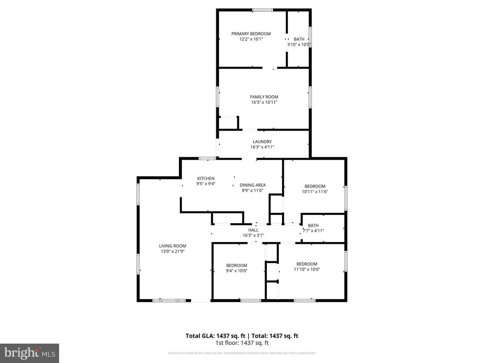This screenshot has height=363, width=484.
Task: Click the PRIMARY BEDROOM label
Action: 251,34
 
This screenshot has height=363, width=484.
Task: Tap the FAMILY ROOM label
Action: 264,97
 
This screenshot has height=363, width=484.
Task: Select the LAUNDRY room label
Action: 262,142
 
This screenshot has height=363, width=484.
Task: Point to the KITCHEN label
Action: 206,178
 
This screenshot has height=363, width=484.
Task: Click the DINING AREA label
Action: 253,185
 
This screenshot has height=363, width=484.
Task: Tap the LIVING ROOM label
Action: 172,246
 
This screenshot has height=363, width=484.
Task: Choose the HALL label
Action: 253,230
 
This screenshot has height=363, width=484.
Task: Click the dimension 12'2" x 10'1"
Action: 251,39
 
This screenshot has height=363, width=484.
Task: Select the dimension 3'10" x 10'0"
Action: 299,44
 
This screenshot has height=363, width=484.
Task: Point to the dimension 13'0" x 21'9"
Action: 172,251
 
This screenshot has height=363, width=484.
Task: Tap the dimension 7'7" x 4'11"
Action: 313,231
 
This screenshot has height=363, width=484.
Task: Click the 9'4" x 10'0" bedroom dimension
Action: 237,271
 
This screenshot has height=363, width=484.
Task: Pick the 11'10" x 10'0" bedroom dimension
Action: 307,269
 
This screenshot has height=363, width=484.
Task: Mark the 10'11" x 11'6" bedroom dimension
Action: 315,192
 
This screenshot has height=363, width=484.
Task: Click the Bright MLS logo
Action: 30,353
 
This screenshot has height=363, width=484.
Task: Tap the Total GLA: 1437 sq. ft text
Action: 215,336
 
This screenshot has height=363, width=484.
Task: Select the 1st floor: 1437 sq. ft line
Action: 242,343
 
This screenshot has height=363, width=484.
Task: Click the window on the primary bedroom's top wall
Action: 263,10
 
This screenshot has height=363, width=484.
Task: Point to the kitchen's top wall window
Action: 207,158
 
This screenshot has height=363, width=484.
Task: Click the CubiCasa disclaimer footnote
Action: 242,353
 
